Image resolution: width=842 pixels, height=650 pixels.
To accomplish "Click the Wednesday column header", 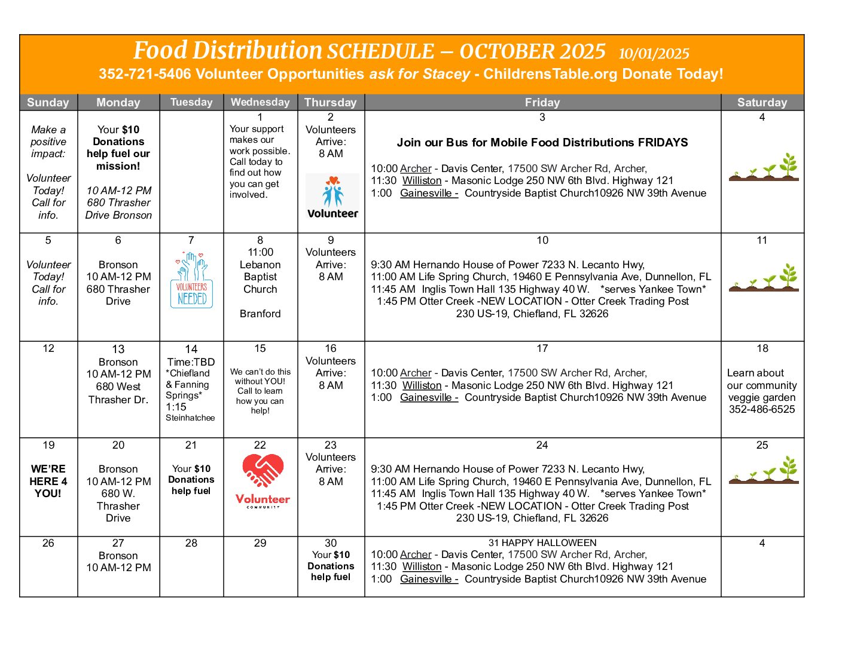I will pos(260,102).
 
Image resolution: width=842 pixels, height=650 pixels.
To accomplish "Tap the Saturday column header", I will pos(762,102).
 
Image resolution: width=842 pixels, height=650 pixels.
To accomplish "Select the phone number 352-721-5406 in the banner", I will pos(145,74).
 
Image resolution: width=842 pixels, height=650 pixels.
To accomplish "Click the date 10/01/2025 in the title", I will pos(654,54).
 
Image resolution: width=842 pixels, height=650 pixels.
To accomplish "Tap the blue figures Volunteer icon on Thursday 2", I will pos(332,196).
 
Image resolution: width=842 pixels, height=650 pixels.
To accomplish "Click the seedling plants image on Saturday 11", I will pos(764,278).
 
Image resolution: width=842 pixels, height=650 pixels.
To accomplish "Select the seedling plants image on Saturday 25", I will pos(764,470).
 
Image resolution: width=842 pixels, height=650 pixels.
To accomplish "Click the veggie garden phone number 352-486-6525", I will pos(762,410).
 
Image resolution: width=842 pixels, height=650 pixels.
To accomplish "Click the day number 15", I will pos(260,348).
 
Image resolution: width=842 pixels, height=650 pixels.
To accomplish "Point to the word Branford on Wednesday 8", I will pos(260,314).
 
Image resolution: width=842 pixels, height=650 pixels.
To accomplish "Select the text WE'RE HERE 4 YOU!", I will pos(48,481).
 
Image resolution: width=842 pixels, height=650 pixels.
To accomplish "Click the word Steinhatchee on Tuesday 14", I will pos(190,418).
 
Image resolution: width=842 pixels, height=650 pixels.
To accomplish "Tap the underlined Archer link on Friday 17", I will pos(416,373).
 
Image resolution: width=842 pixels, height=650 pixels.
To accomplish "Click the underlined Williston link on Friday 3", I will pos(422,180).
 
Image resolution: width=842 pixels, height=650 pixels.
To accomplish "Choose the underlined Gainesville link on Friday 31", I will pos(429,579).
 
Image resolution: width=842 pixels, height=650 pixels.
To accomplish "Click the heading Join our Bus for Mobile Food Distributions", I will pos(542,143).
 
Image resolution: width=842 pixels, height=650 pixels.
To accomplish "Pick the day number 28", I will pos(191,543).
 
